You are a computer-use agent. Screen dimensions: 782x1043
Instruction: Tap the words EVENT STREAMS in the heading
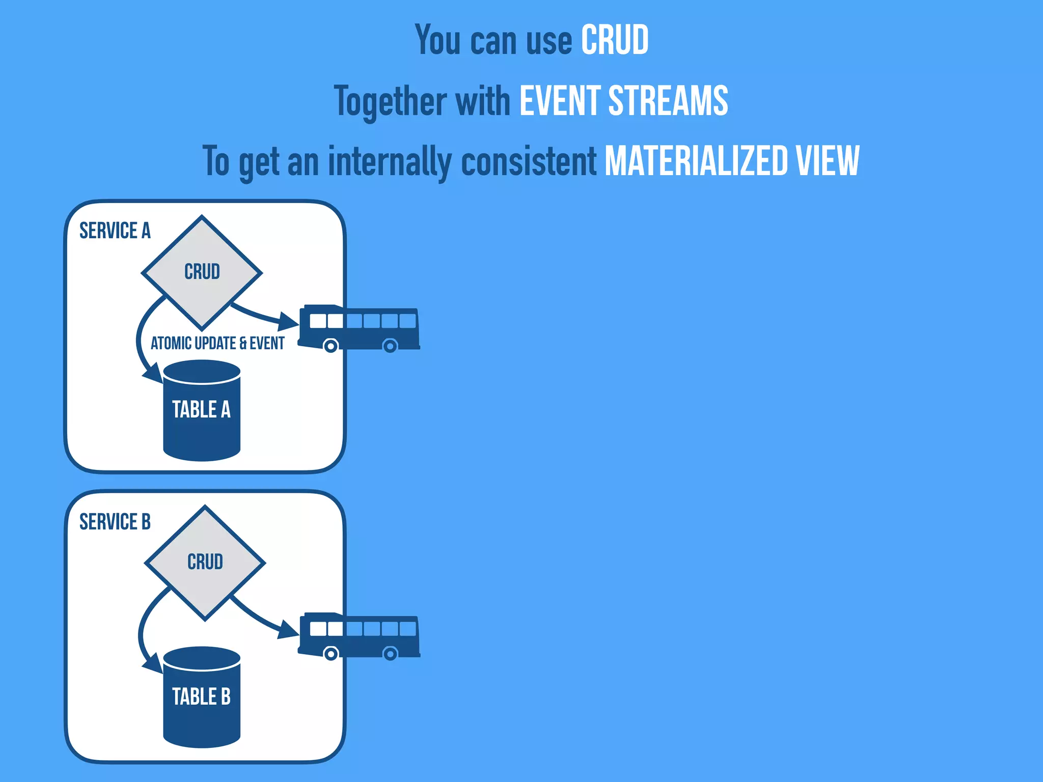coord(623,100)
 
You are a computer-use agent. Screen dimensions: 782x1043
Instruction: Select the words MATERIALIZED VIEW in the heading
coord(732,161)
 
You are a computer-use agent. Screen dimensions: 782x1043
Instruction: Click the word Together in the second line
coord(390,101)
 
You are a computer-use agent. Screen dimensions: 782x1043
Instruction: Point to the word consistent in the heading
coord(528,161)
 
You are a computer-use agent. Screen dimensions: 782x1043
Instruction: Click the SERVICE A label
coord(115,231)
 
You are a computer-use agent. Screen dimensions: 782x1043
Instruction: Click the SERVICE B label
coord(115,522)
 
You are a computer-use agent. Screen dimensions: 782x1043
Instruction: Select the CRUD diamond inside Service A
coord(202,272)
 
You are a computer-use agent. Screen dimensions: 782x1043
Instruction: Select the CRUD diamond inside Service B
coord(205,563)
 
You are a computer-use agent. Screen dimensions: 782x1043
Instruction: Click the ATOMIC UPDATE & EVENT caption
coord(217,344)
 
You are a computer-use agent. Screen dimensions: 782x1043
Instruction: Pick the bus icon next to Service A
coord(359,328)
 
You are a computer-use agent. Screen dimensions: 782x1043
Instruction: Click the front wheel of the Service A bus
coord(331,347)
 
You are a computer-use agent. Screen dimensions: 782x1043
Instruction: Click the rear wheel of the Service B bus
coord(390,654)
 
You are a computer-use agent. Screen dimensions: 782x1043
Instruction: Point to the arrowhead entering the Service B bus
coord(289,631)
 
